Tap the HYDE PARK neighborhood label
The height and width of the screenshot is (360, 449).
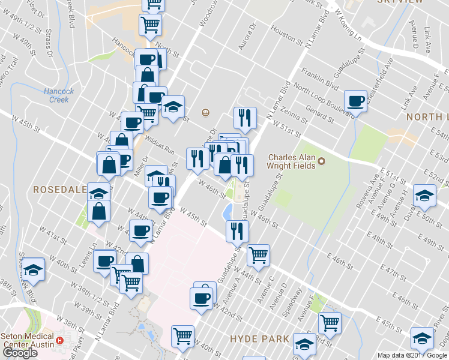click(260, 339)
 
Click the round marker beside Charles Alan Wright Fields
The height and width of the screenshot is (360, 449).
click(321, 161)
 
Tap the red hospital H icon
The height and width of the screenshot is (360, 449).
click(59, 341)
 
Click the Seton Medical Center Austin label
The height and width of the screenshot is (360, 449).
click(28, 341)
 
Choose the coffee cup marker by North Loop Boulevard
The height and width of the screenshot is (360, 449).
click(355, 101)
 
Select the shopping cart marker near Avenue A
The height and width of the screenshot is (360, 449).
click(258, 254)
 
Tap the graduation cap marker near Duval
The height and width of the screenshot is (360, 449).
click(424, 196)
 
